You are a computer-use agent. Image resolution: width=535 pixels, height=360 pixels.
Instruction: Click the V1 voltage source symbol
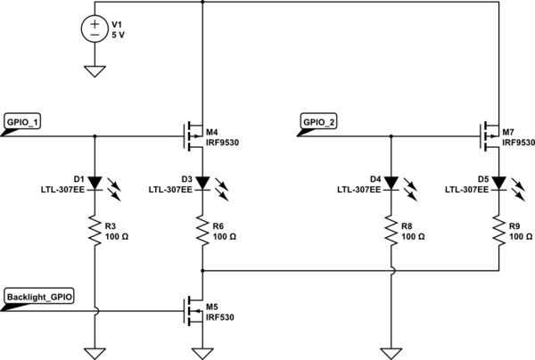click(95, 30)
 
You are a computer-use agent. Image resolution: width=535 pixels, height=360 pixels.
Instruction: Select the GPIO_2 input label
click(318, 122)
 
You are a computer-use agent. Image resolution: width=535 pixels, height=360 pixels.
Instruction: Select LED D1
click(95, 183)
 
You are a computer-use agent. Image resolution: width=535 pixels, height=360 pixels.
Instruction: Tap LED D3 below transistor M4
click(203, 183)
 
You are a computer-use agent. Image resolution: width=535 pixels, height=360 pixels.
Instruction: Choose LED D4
click(391, 183)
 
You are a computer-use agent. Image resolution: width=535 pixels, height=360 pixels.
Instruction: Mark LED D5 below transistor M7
click(498, 183)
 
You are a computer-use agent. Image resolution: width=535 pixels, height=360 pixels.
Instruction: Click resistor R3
click(95, 232)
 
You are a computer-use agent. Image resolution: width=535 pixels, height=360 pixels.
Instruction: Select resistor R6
click(203, 232)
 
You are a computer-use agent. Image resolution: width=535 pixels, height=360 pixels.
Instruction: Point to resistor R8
click(391, 232)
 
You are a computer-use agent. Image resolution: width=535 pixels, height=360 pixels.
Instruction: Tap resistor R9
click(498, 232)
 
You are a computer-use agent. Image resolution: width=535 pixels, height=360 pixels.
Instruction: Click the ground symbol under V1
click(95, 71)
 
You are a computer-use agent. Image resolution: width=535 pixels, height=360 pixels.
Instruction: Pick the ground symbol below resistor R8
click(391, 350)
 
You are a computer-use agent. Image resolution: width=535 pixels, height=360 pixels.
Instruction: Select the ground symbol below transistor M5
click(203, 350)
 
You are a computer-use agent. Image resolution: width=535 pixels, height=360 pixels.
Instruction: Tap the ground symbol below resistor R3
click(95, 350)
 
